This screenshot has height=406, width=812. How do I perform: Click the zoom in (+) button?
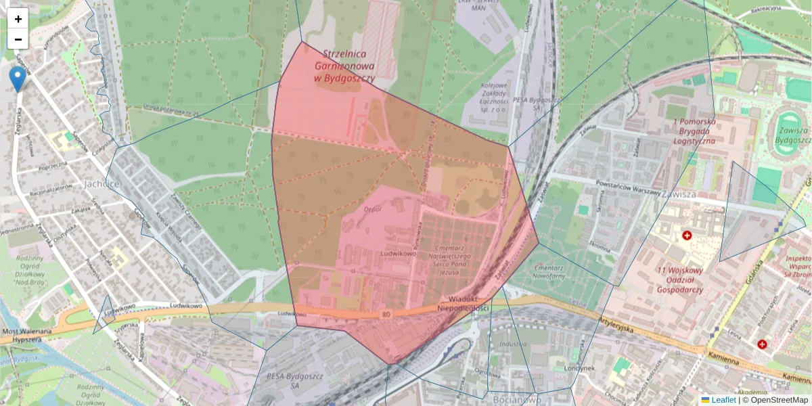point(18,18)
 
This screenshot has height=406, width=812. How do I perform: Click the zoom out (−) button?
point(18,39)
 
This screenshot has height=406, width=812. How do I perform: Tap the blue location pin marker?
point(18,78)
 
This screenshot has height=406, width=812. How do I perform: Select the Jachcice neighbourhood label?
point(101,183)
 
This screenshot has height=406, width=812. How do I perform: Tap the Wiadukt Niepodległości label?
point(463,303)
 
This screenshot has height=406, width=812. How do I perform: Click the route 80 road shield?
point(386,315)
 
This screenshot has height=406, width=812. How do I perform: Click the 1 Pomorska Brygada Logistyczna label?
point(694,131)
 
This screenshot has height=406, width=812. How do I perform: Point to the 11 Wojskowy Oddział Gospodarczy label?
point(679,280)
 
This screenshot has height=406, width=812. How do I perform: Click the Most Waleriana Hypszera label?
point(27,336)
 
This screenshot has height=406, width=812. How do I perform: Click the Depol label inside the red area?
point(373,210)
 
